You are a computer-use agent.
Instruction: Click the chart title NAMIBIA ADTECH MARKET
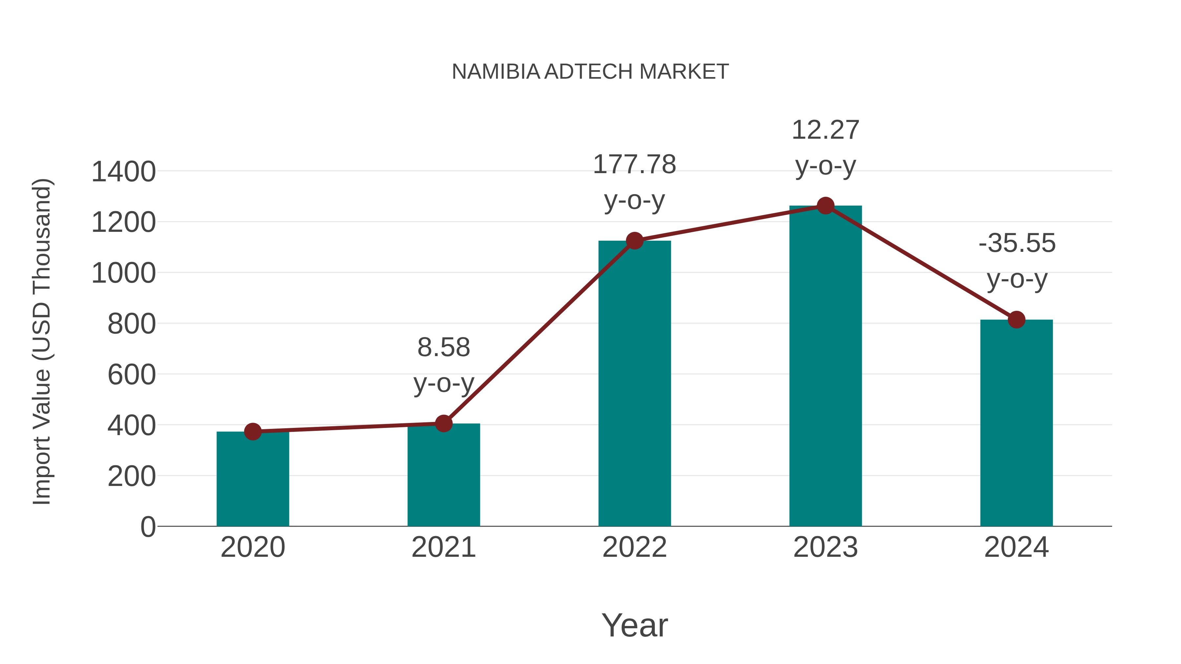[x=590, y=72]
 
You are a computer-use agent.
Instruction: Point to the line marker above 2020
[x=253, y=431]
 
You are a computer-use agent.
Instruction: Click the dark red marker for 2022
[x=634, y=241]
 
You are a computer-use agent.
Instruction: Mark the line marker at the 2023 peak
[x=825, y=206]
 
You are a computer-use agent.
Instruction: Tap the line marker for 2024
[x=1016, y=319]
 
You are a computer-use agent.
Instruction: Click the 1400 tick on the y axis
[x=124, y=172]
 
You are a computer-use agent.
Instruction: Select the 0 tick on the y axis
[x=148, y=527]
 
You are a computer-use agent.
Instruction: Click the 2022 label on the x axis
[x=634, y=547]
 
